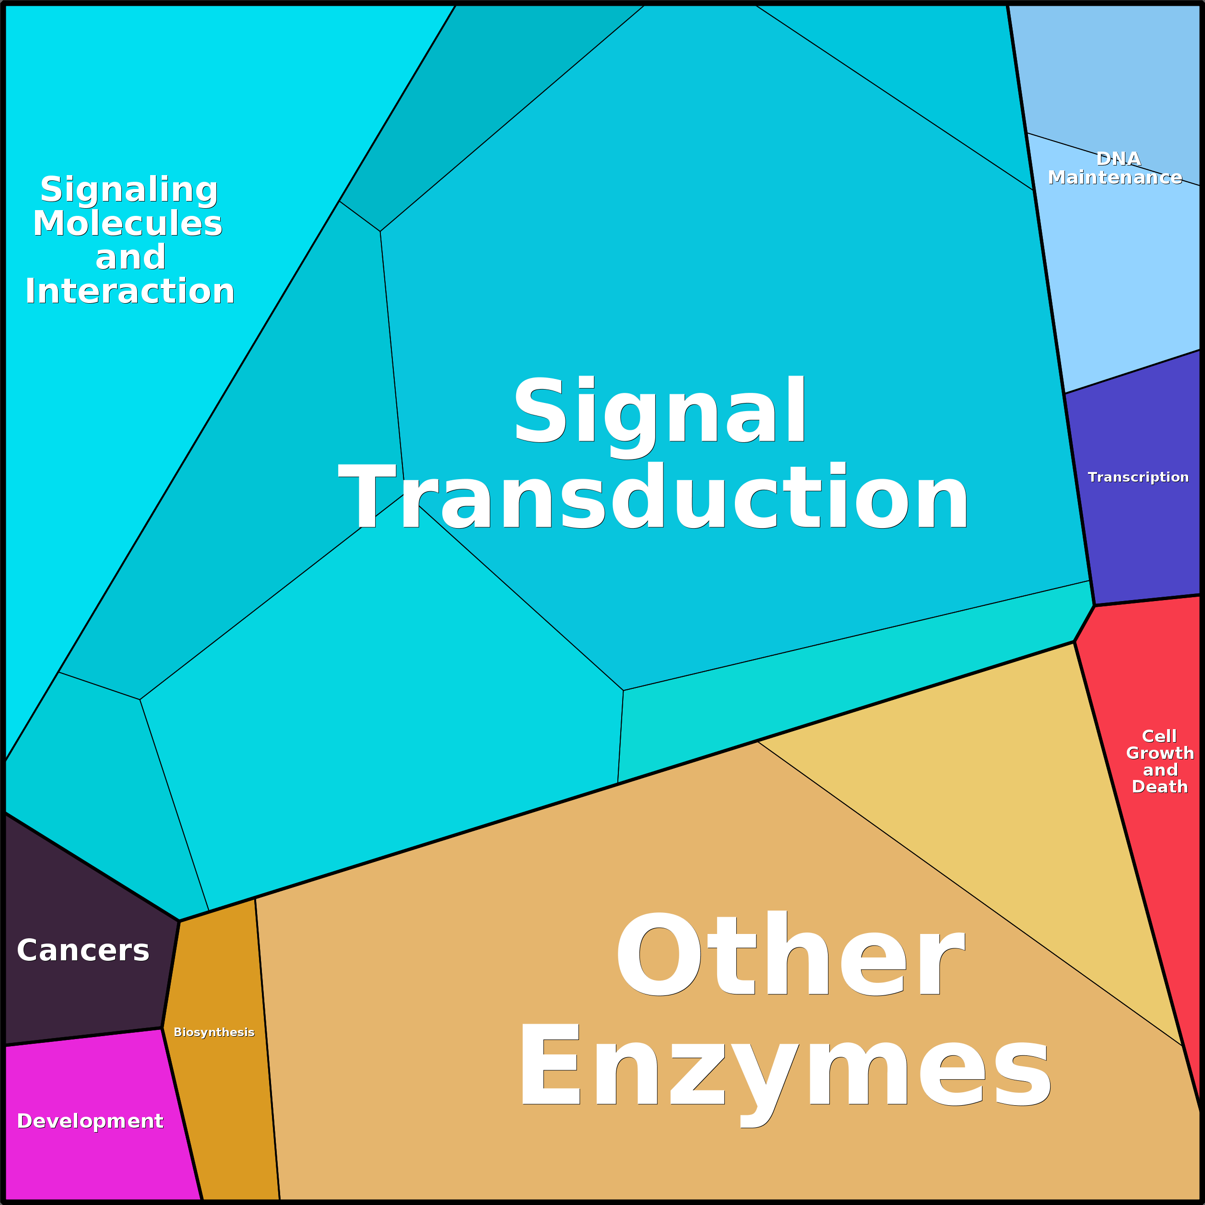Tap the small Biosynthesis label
[x=214, y=1032]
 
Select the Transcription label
[x=1138, y=477]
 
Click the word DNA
[x=1118, y=159]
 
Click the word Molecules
[x=128, y=223]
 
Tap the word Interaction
[x=130, y=291]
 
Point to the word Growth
[x=1159, y=754]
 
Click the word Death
[x=1159, y=787]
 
